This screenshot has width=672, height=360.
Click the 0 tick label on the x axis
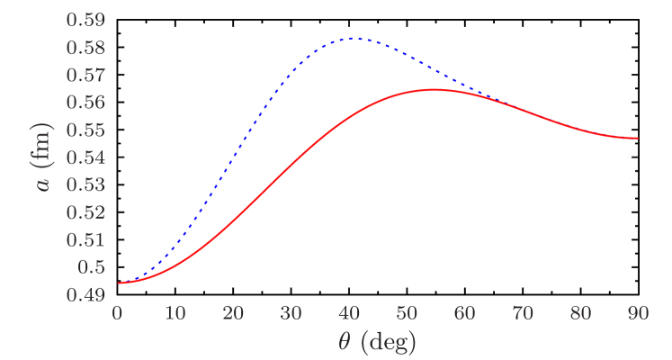(117, 312)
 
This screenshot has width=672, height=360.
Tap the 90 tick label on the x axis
(639, 312)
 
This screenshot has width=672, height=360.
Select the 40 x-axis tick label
(349, 312)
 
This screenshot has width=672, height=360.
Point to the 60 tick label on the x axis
(465, 312)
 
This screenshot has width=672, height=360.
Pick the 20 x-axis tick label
(233, 312)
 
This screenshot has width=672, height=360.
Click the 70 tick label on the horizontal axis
(523, 312)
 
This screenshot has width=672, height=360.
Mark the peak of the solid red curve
(435, 89)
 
